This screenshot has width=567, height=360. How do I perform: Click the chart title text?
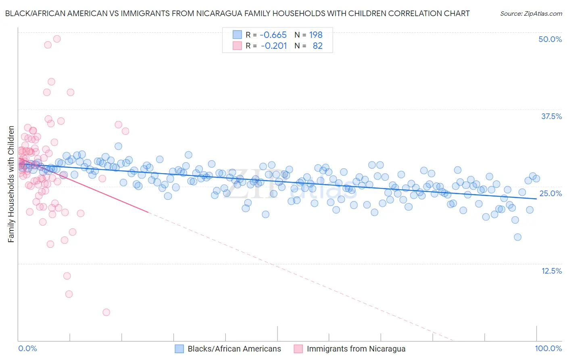point(237,13)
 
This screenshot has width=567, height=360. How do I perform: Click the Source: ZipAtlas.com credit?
point(531,13)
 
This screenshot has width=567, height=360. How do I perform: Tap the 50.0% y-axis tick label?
point(550,39)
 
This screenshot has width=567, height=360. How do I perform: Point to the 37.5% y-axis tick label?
point(551,116)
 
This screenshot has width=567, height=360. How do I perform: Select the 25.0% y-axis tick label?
point(550,193)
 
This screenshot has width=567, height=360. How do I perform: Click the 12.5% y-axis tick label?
point(551,271)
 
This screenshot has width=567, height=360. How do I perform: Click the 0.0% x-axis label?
point(27,348)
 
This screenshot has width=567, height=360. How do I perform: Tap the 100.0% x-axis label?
point(548,348)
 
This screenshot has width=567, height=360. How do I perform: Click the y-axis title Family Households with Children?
point(11,184)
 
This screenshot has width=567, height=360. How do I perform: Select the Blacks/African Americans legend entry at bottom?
point(234,349)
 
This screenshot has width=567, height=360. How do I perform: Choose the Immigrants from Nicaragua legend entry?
point(356,349)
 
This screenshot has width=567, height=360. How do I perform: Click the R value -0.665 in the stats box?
point(273,35)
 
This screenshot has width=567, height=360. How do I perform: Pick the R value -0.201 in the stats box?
point(274,46)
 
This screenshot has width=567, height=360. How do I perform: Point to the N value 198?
point(316,35)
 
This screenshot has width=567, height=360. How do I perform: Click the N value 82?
point(317,46)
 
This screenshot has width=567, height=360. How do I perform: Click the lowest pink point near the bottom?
point(106,312)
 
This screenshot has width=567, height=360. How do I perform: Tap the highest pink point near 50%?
point(57,39)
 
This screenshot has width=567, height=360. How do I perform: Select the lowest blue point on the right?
point(517,237)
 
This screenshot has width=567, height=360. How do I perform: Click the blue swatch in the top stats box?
point(237,35)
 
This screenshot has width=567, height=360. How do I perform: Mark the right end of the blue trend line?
point(536,199)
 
